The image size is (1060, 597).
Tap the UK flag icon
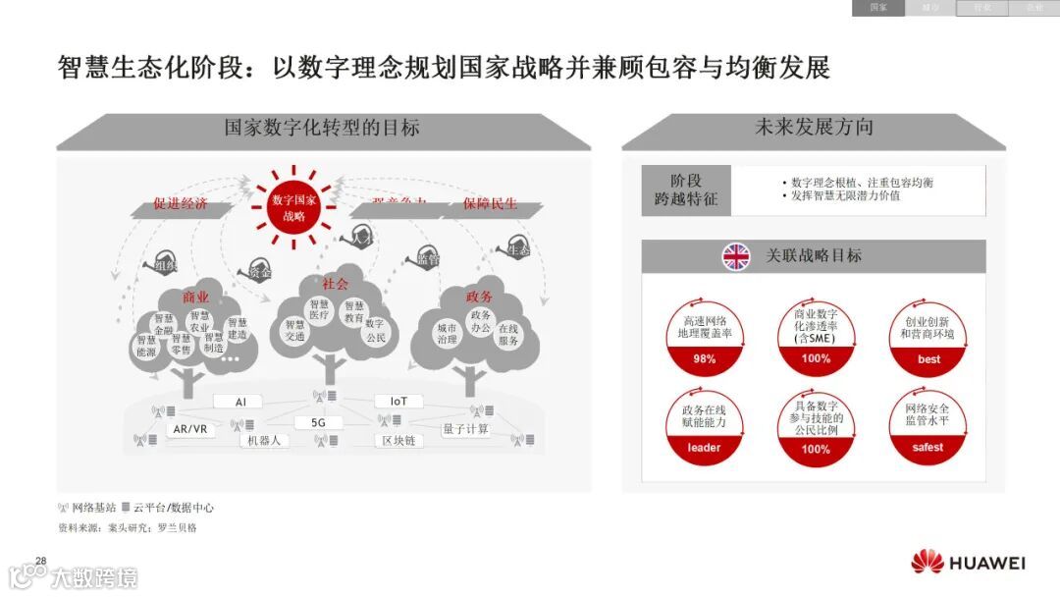(736, 256)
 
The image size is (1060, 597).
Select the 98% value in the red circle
(704, 359)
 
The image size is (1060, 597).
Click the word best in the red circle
(928, 359)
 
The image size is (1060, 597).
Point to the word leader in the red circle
(704, 448)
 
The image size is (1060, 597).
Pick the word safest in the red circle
(927, 448)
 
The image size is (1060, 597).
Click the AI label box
(241, 402)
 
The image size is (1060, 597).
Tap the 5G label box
(318, 422)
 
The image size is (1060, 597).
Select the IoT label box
(398, 402)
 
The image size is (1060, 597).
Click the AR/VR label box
(189, 429)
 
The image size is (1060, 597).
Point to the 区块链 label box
(398, 441)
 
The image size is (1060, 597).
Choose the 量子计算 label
(465, 429)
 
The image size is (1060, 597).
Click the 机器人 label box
(264, 441)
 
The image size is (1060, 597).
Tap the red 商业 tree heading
(195, 297)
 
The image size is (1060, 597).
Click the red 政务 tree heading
(479, 296)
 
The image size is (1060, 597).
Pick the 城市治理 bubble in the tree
(447, 334)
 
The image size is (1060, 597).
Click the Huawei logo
(968, 563)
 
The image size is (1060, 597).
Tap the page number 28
(41, 561)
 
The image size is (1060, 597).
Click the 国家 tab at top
(877, 8)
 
